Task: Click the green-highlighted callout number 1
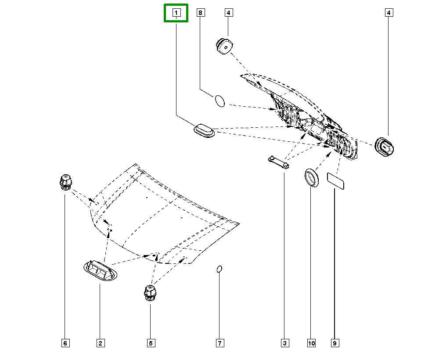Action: tap(176, 13)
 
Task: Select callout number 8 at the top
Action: tap(201, 13)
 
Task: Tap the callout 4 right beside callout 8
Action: tap(228, 13)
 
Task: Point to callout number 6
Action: tap(65, 343)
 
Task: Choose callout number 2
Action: tap(100, 343)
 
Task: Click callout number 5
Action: tap(150, 343)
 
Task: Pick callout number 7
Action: tap(220, 343)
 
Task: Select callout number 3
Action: tap(284, 343)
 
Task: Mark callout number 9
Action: tap(335, 343)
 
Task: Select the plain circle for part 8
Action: tap(219, 101)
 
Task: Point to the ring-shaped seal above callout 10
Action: tap(313, 178)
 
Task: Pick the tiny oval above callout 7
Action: tap(220, 268)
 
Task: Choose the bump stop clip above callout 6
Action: tap(65, 182)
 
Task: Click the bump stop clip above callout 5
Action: tap(150, 292)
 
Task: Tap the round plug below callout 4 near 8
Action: tap(225, 46)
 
